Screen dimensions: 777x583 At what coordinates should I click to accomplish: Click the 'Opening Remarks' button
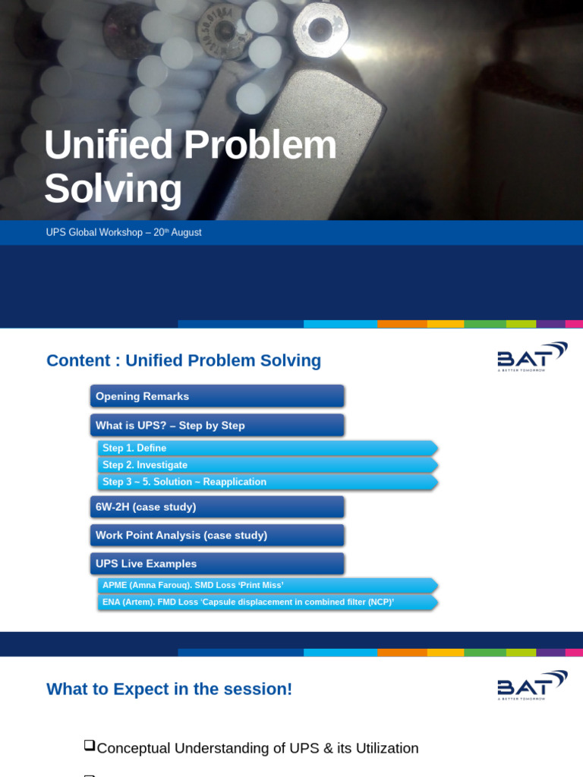point(216,396)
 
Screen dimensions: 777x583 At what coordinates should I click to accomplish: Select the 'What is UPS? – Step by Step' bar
point(216,425)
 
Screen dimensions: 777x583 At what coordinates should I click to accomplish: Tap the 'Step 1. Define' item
point(266,448)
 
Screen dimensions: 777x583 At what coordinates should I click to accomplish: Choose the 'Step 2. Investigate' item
point(266,465)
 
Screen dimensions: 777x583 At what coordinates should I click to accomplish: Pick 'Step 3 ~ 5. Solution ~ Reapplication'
point(266,482)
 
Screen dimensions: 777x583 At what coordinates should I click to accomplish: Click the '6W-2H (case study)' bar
point(216,507)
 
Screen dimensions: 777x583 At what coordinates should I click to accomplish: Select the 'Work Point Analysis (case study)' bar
point(216,535)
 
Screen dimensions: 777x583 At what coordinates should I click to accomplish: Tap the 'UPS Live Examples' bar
point(216,564)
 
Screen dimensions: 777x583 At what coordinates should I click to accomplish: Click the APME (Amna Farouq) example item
point(266,585)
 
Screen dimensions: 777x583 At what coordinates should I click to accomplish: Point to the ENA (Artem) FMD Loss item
point(266,602)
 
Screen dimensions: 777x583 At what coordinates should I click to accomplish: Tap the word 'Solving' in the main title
point(113,189)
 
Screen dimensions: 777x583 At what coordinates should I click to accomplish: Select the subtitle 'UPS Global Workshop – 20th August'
point(124,232)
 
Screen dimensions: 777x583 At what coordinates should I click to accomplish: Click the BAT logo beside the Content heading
point(531,357)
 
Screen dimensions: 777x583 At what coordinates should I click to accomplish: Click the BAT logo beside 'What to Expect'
point(531,685)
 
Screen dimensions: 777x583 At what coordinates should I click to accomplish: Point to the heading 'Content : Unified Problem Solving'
point(184,360)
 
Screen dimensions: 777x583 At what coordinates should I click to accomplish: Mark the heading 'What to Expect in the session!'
point(169,689)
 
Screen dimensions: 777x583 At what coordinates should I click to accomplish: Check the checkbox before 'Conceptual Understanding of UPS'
point(89,746)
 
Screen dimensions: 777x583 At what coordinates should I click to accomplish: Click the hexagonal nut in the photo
point(320,29)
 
